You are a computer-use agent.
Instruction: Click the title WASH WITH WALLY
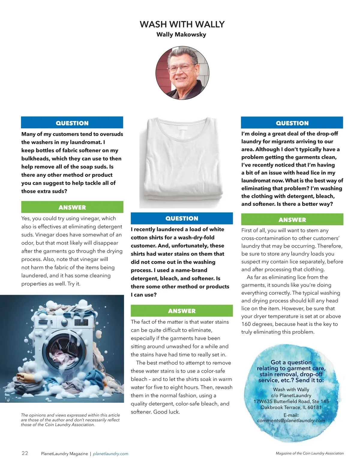(182, 24)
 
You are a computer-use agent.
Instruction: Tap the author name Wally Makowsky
(181, 34)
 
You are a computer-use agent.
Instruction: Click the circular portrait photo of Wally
(182, 73)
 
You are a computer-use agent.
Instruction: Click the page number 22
(25, 453)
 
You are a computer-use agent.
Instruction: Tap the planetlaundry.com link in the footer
(110, 454)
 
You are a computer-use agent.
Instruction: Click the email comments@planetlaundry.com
(291, 421)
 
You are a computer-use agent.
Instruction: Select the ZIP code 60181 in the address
(314, 407)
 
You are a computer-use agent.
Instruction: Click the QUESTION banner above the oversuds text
(72, 123)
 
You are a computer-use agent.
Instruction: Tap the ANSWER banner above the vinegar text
(72, 207)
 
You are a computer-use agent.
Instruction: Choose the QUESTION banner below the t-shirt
(182, 219)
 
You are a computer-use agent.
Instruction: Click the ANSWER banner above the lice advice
(292, 220)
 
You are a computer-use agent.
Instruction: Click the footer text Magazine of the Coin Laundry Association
(310, 454)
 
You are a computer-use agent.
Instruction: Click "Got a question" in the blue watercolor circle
(291, 362)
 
